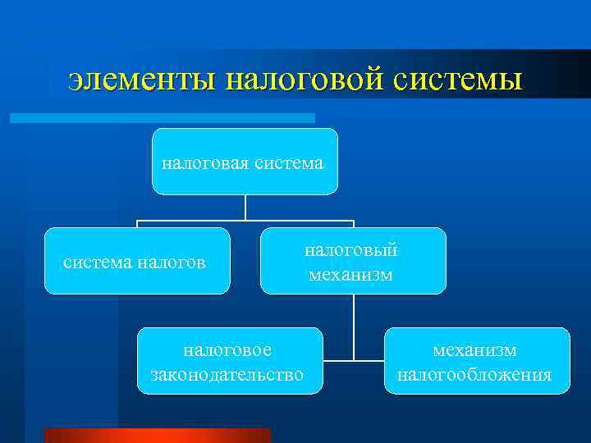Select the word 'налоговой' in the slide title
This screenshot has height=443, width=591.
tap(304, 80)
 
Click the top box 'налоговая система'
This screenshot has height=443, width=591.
tap(245, 162)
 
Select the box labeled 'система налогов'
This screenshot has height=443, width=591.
tap(136, 261)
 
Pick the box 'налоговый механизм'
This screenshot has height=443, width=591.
tap(353, 261)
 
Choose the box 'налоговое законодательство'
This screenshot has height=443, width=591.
tap(229, 361)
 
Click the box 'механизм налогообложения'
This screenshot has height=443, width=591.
tap(476, 361)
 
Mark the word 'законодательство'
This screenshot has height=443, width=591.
tap(228, 375)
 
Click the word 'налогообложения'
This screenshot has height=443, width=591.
tap(475, 375)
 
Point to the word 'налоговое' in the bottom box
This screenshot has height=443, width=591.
tap(227, 349)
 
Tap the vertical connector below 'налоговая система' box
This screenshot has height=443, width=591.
tap(245, 207)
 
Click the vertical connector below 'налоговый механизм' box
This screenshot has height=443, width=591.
tap(354, 324)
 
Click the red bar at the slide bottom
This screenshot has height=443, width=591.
tap(156, 436)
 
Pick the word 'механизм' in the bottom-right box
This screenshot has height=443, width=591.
tap(475, 349)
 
